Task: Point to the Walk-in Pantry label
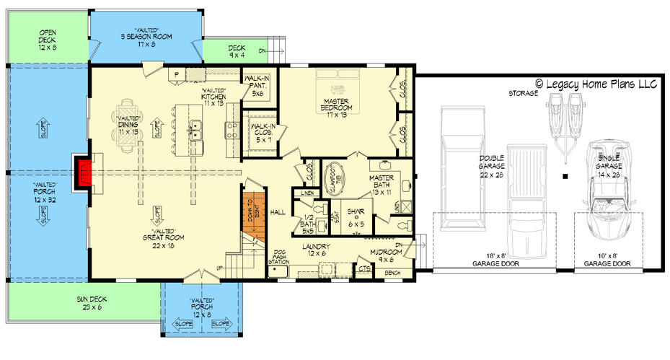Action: [258, 85]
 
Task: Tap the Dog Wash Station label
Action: [278, 258]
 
